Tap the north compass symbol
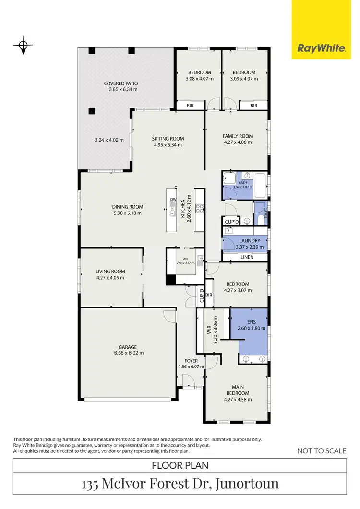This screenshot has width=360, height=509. pyautogui.click(x=23, y=46)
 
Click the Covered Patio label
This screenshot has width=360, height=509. pyautogui.click(x=121, y=83)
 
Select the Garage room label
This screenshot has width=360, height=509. pyautogui.click(x=128, y=347)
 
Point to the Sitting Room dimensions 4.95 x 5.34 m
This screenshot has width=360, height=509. pyautogui.click(x=168, y=145)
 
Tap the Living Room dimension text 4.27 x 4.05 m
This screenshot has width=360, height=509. pyautogui.click(x=110, y=277)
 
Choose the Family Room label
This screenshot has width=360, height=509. pyautogui.click(x=238, y=136)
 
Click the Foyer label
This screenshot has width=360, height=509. pyautogui.click(x=191, y=360)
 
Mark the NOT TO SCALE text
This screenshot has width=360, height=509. pyautogui.click(x=322, y=450)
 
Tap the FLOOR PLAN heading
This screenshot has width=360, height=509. pyautogui.click(x=180, y=465)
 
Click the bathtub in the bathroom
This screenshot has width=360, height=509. pyautogui.click(x=260, y=186)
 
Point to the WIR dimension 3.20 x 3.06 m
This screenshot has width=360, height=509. pyautogui.click(x=216, y=330)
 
